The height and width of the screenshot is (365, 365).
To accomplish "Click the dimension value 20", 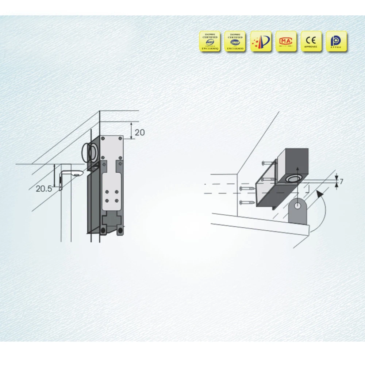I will tap(139, 132).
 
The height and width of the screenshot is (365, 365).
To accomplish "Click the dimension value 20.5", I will tap(44, 189).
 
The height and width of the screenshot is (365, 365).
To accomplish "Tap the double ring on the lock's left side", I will tap(89, 152).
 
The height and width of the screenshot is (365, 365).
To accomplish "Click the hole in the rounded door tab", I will tap(299, 206).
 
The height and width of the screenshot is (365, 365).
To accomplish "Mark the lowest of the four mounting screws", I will tap(246, 203).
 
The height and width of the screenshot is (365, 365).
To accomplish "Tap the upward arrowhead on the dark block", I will tap(298, 168).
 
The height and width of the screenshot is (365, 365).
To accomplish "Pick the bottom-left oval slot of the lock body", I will tap(103, 230).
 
